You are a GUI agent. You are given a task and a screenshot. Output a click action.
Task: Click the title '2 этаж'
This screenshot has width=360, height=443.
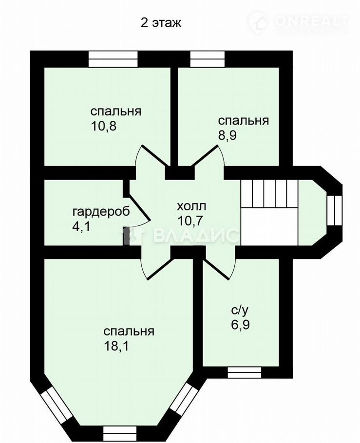(161, 23)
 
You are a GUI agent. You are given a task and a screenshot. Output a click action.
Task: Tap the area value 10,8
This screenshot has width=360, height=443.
(103, 126)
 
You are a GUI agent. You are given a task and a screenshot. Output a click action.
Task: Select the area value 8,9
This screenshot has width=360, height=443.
(227, 136)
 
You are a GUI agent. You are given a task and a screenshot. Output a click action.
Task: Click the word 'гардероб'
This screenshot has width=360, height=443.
(101, 212)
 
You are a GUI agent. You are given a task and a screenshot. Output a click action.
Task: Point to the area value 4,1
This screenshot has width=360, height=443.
(81, 226)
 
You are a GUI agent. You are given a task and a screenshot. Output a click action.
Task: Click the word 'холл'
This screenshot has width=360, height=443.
(191, 206)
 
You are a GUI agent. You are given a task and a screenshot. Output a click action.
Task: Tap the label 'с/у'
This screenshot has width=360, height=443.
(240, 311)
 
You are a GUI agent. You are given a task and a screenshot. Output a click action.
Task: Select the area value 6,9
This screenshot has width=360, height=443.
(240, 325)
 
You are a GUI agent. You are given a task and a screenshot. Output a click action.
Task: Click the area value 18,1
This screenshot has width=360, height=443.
(116, 346)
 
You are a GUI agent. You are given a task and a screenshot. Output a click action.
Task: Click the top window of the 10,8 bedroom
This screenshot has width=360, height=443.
(113, 59)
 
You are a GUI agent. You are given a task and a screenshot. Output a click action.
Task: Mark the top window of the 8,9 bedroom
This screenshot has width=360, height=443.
(208, 59)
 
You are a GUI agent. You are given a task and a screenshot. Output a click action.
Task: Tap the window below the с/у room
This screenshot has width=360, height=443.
(245, 372)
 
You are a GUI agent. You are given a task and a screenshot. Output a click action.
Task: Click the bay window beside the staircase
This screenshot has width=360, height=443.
(334, 209)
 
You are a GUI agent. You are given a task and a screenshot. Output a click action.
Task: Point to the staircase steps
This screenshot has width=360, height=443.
(269, 194)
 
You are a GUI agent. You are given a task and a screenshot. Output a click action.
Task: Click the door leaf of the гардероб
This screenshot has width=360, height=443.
(138, 205)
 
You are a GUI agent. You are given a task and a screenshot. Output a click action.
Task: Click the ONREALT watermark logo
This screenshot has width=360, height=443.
(298, 21)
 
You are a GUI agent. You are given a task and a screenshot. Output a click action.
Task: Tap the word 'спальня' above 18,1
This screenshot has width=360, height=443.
(129, 332)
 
